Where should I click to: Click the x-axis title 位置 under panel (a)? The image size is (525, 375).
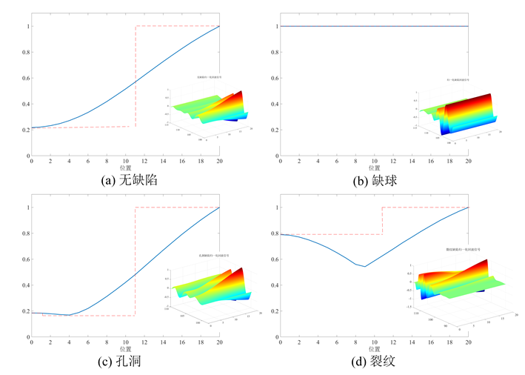[125, 168]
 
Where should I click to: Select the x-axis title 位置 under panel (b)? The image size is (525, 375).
[374, 168]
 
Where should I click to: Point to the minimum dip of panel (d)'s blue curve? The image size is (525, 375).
[364, 267]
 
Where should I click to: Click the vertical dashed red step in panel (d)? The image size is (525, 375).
[382, 221]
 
